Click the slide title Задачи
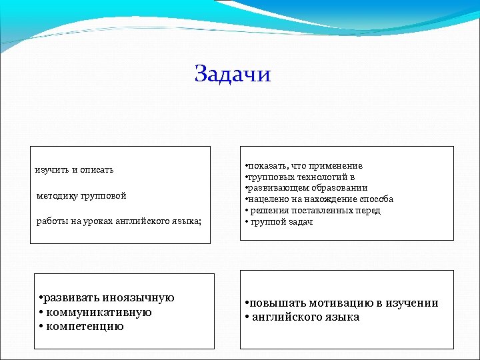coord(233,73)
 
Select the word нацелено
coord(267,199)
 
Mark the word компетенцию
coord(85,326)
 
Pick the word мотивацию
coord(341,303)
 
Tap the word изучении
coord(411,303)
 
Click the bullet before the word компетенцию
coord(41,327)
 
